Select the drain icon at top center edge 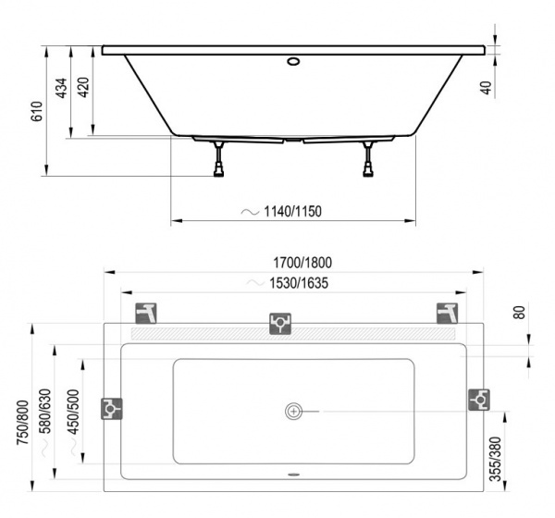click(280, 323)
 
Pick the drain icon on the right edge click(479, 399)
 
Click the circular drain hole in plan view click(294, 410)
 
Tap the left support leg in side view click(219, 160)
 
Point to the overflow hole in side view click(293, 63)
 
